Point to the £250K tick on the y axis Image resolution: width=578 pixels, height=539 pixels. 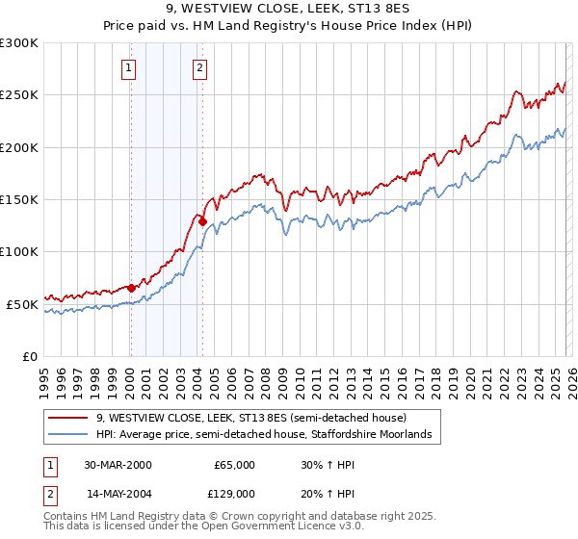point(19,95)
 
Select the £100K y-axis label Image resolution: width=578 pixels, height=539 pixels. point(19,252)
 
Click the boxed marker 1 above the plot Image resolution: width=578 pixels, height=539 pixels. point(129,67)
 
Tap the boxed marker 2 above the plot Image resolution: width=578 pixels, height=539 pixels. point(199,67)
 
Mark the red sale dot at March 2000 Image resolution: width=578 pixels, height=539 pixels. point(131,288)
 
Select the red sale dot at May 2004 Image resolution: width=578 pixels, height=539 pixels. point(203,221)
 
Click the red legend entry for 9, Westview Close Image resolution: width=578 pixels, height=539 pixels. point(250,418)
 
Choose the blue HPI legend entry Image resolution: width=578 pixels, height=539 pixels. point(268,435)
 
